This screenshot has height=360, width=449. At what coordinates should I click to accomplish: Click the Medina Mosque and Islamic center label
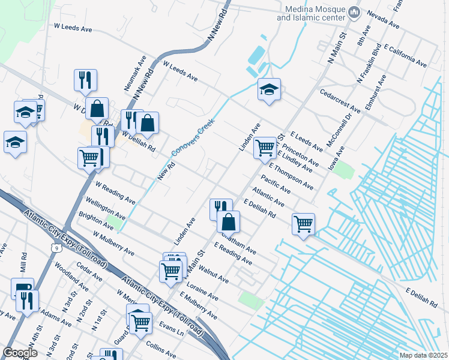tap(313, 14)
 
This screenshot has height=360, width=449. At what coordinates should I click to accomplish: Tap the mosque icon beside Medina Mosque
tap(355, 12)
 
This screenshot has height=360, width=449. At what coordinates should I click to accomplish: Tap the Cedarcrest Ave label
tap(340, 102)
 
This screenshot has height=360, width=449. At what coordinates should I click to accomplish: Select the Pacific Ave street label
tap(276, 184)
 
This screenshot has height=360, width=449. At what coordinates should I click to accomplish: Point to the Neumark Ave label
tap(136, 73)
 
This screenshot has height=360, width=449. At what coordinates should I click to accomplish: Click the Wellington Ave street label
tap(105, 207)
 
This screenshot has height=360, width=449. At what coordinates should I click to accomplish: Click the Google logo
tap(20, 353)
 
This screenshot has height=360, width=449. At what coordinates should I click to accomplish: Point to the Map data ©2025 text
tap(423, 356)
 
